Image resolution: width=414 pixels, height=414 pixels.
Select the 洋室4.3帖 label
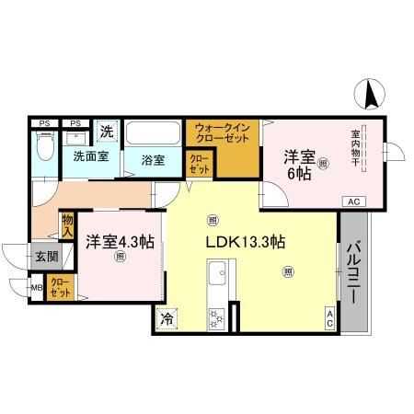click(x=120, y=242)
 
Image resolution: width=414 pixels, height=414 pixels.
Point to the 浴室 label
click(x=154, y=159)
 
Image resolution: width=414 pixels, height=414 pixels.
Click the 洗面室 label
click(x=91, y=156)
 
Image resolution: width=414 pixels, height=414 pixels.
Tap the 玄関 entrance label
click(x=46, y=257)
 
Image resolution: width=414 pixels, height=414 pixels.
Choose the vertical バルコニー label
click(x=354, y=272)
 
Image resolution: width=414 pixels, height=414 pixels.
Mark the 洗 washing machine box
click(x=107, y=132)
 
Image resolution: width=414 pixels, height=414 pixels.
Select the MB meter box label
click(x=37, y=289)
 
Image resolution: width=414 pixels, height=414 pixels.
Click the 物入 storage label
click(x=68, y=224)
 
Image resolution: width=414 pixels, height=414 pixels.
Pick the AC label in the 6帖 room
click(x=354, y=201)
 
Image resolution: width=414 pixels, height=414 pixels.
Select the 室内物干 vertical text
click(x=355, y=148)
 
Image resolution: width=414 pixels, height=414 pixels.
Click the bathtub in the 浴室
click(x=153, y=134)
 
